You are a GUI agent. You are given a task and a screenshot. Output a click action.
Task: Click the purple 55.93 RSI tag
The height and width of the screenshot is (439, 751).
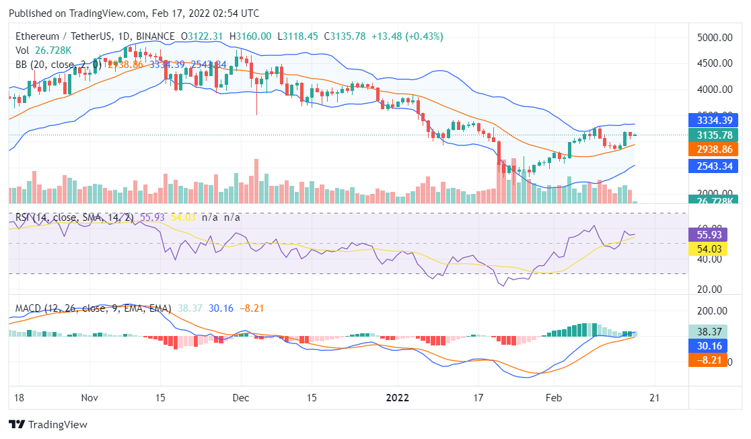pos(709,235)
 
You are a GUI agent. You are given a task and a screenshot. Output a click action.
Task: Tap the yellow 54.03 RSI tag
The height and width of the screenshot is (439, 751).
pos(709,249)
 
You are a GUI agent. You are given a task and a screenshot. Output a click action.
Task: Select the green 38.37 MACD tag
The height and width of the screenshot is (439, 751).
pos(709,332)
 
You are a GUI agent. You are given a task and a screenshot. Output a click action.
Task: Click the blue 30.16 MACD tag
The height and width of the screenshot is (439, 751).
pos(709,346)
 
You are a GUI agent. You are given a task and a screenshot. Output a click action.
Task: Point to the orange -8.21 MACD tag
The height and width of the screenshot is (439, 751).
pos(709,361)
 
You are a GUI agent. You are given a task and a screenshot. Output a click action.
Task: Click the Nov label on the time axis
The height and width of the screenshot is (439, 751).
pos(89,398)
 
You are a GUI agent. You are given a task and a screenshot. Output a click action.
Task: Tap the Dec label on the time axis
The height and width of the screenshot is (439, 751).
pos(242,398)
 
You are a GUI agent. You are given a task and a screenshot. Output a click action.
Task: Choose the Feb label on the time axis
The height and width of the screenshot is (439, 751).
pos(554,398)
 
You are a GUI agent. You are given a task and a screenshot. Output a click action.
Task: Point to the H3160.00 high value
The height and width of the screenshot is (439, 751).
pos(250,36)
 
